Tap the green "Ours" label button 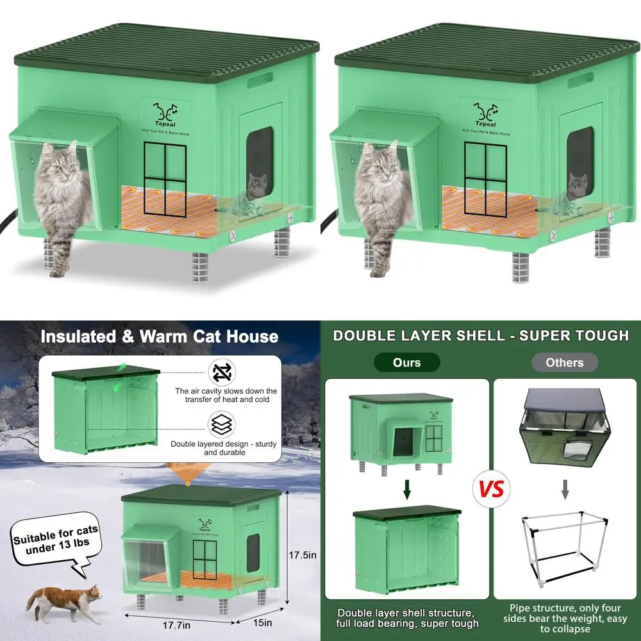[x=406, y=363]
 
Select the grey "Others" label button [x=564, y=363]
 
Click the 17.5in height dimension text [x=303, y=555]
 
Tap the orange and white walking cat [x=64, y=603]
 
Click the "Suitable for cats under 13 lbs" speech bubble [x=56, y=537]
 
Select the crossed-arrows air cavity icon [x=221, y=372]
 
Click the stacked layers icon [x=221, y=425]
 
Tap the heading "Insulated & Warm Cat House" [x=159, y=337]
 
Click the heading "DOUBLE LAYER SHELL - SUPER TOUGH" [x=481, y=335]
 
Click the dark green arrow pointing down [x=406, y=492]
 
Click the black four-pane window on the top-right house [x=485, y=178]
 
